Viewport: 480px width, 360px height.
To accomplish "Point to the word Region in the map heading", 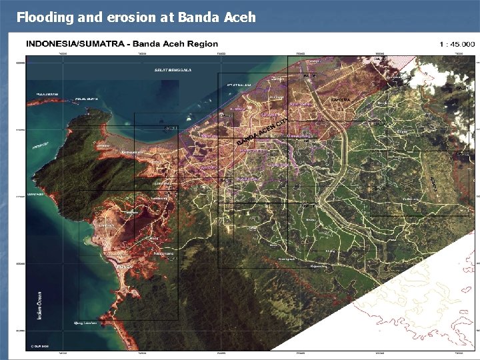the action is point(202,44).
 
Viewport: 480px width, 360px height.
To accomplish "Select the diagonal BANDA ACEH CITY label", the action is point(263,131).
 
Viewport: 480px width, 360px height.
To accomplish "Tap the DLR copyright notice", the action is point(41,345).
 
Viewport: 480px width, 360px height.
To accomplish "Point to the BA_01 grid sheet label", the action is point(380,59).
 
